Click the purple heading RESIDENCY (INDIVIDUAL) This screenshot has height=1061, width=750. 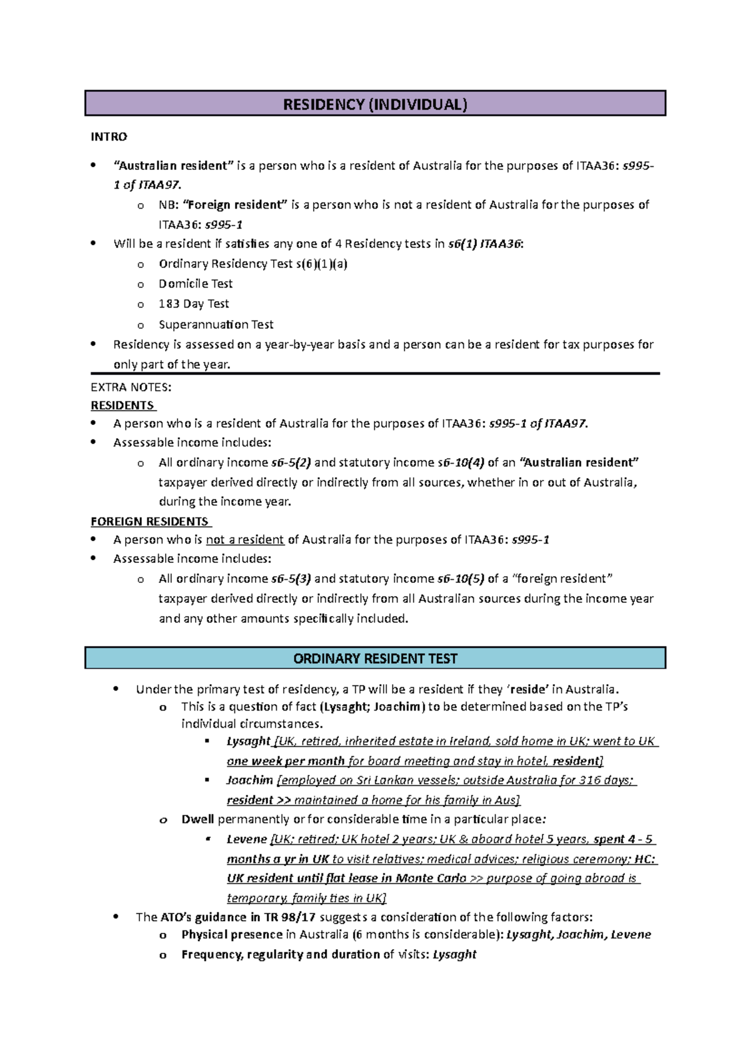(375, 104)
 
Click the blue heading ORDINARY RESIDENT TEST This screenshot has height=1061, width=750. (375, 659)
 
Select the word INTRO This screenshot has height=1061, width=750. (109, 137)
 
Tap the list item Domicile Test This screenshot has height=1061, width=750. (196, 284)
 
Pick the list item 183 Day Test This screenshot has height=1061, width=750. (194, 304)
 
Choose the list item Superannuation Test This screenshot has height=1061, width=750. (216, 324)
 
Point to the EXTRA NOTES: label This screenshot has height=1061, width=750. (131, 387)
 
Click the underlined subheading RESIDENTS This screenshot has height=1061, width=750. (122, 406)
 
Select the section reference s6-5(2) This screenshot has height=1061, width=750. (291, 462)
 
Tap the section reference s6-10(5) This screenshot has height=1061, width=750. (461, 579)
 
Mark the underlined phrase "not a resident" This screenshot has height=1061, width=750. (245, 540)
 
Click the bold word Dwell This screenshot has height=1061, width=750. (197, 819)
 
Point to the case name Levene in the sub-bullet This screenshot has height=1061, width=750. (246, 839)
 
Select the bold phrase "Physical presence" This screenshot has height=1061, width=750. (232, 935)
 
